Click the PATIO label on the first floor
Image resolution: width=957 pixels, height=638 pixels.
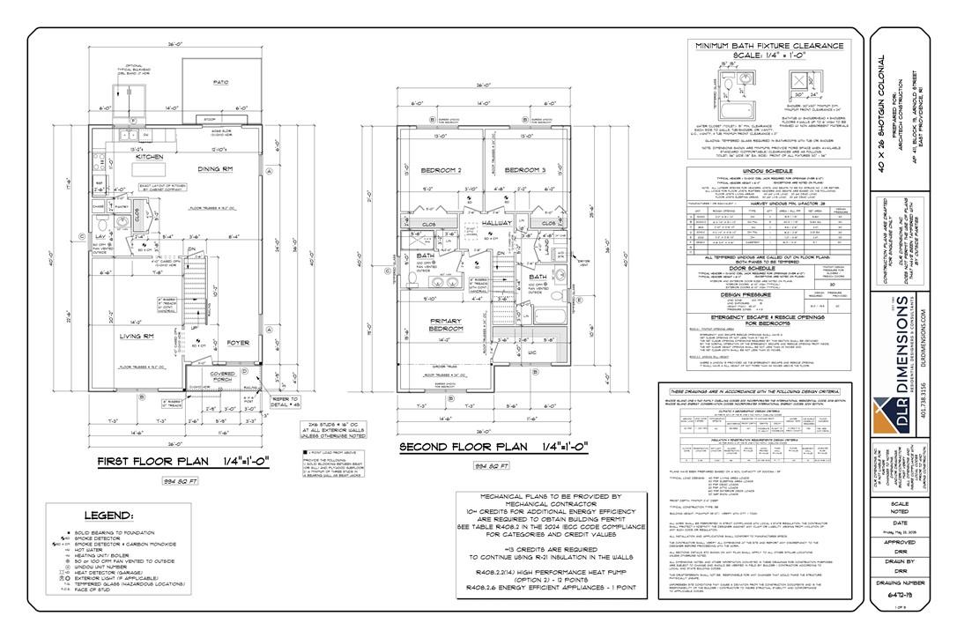[x=220, y=82]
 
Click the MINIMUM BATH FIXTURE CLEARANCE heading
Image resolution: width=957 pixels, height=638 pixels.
[x=769, y=46]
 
